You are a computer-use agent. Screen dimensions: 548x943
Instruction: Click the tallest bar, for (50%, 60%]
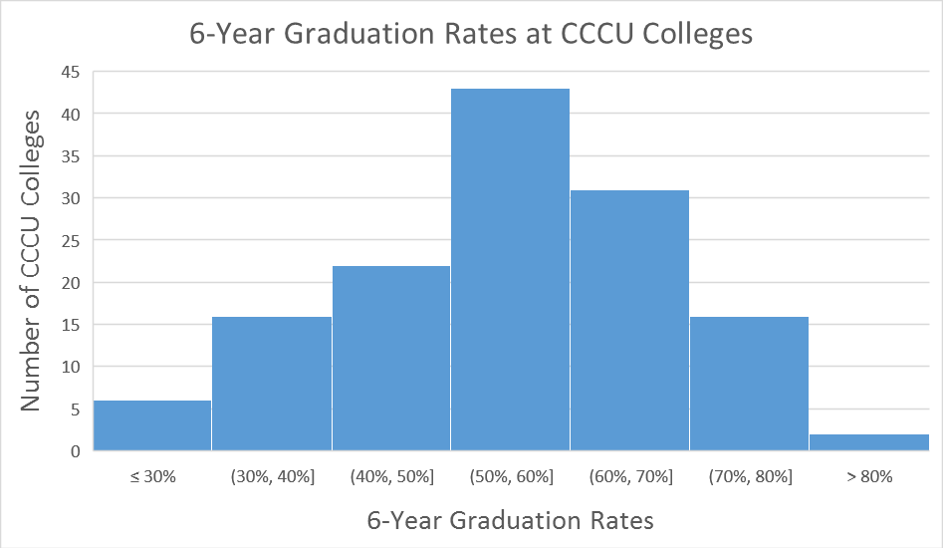pos(510,269)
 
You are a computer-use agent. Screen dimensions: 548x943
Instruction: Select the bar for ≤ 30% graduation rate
pos(152,425)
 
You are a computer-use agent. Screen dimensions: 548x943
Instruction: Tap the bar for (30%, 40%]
pos(272,384)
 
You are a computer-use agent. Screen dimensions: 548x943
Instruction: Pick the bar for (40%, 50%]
pos(391,358)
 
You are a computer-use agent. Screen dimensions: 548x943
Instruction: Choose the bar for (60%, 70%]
pos(629,320)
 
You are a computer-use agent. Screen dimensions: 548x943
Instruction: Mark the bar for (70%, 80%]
pos(749,384)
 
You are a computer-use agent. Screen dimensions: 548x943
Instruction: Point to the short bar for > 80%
pos(868,442)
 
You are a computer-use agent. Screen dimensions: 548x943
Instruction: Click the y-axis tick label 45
pos(72,72)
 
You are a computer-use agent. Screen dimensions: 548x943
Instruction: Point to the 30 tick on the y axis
pos(72,198)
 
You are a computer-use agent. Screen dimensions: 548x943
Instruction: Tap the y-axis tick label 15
pos(72,325)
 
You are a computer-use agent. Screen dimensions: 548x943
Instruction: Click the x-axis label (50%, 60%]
pos(511,477)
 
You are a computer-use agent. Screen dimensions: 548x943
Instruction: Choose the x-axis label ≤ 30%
pos(152,477)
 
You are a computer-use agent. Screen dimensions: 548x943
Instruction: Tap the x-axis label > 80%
pos(869,477)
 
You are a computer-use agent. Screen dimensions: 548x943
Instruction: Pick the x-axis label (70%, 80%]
pos(750,477)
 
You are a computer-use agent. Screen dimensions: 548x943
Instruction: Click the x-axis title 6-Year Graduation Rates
pos(511,520)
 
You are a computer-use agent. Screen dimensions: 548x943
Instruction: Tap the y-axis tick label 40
pos(72,114)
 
